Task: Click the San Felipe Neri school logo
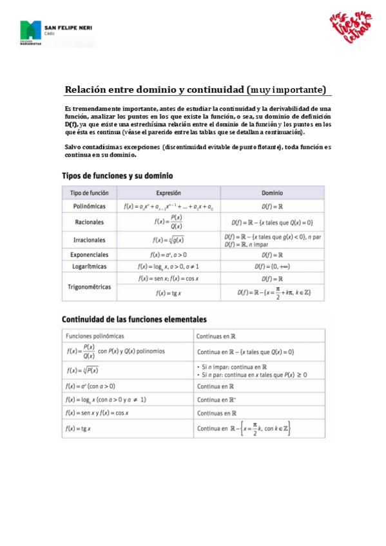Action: click(x=57, y=33)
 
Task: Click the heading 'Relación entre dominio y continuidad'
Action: click(x=155, y=89)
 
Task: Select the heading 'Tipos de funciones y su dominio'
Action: click(x=117, y=175)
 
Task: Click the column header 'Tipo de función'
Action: click(x=90, y=193)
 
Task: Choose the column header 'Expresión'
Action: click(x=169, y=193)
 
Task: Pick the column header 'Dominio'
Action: click(x=271, y=193)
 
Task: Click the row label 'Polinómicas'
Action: click(x=90, y=206)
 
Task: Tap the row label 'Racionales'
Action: click(x=90, y=221)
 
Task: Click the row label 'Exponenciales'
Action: click(x=90, y=254)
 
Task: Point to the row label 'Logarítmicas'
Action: click(x=90, y=266)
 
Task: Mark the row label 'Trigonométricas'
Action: click(x=90, y=285)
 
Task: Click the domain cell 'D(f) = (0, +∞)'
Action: click(x=271, y=266)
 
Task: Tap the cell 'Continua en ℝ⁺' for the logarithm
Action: click(x=216, y=399)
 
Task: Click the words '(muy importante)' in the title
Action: click(x=286, y=89)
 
